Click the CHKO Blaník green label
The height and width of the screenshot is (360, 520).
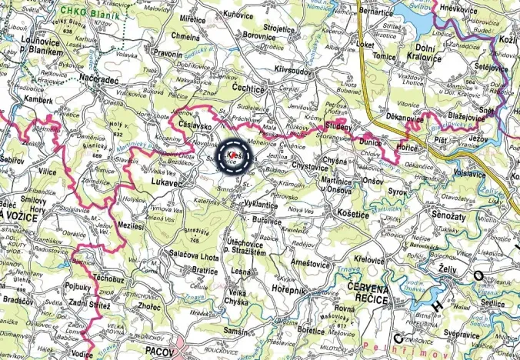82,12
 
